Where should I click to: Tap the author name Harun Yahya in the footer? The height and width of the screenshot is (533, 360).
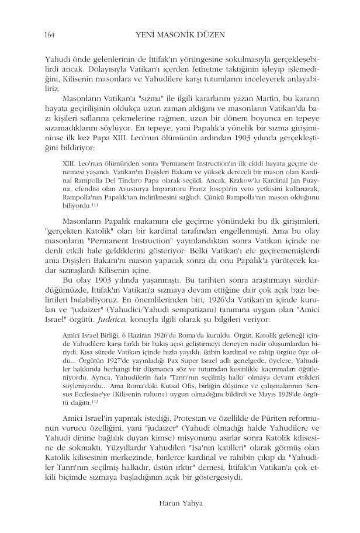tap(180, 501)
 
